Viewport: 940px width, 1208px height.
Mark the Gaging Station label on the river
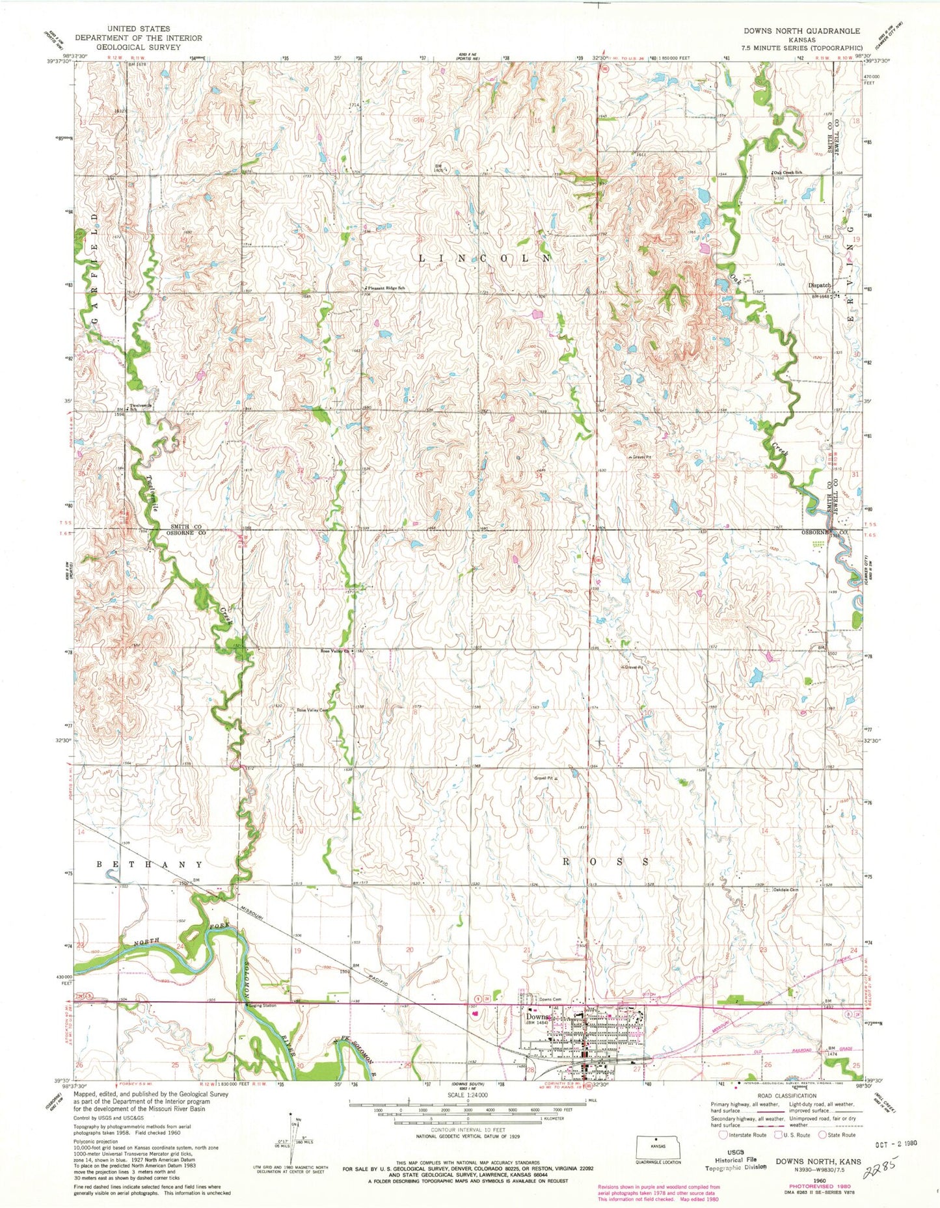click(262, 1005)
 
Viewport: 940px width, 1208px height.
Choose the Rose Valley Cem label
click(312, 710)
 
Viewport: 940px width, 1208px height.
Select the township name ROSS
click(605, 861)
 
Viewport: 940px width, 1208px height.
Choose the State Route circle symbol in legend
click(822, 1134)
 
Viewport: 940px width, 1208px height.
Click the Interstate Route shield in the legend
click(723, 1134)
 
